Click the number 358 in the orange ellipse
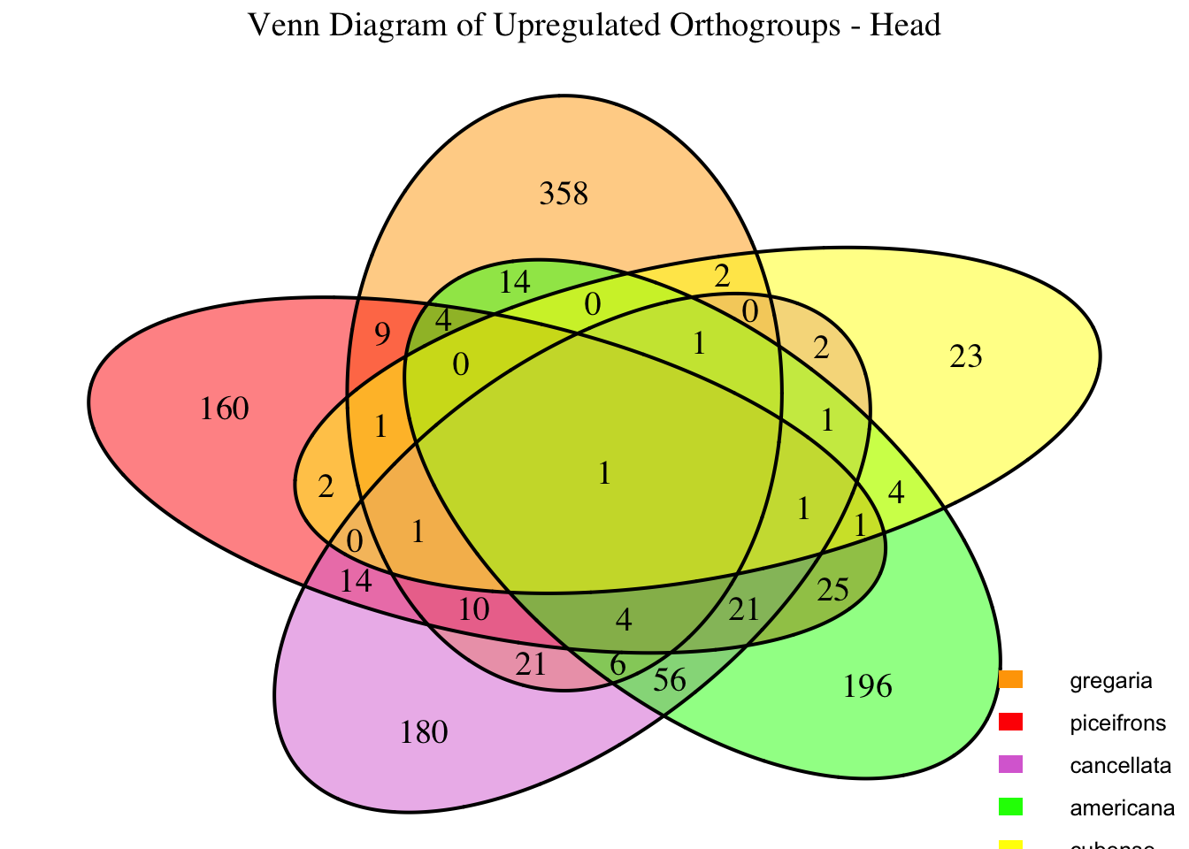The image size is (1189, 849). pyautogui.click(x=564, y=193)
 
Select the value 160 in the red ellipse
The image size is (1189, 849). pyautogui.click(x=225, y=409)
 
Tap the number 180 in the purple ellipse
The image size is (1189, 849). pyautogui.click(x=425, y=732)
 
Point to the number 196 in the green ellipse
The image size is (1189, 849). pyautogui.click(x=869, y=686)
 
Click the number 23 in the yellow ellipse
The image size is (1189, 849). pyautogui.click(x=966, y=357)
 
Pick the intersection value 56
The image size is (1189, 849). pyautogui.click(x=670, y=680)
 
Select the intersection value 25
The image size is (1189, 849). pyautogui.click(x=833, y=589)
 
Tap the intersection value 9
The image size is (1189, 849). pyautogui.click(x=382, y=334)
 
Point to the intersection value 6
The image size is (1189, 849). pyautogui.click(x=618, y=666)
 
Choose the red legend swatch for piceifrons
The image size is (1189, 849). pyautogui.click(x=1010, y=723)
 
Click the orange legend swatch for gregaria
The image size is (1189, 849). pyautogui.click(x=1010, y=680)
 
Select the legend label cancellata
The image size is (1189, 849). pyautogui.click(x=1120, y=765)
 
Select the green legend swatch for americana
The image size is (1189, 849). pyautogui.click(x=1010, y=807)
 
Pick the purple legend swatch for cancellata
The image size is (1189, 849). pyautogui.click(x=1010, y=765)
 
